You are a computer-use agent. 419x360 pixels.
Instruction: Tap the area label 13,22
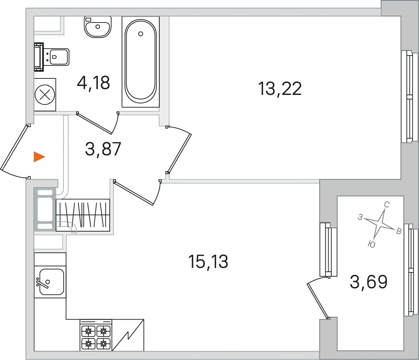280,89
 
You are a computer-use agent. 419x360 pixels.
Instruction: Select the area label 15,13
208,262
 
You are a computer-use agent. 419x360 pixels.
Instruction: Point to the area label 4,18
93,83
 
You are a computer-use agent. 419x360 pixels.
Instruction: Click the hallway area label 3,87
103,149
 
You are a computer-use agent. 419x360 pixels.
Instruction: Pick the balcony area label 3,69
368,282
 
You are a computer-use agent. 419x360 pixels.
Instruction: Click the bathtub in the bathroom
141,62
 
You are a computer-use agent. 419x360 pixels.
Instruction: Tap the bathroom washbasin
97,27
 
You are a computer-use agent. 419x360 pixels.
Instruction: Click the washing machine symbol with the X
45,95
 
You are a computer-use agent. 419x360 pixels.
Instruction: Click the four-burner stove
96,335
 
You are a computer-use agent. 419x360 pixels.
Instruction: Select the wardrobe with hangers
83,215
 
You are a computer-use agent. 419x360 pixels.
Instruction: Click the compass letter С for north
387,205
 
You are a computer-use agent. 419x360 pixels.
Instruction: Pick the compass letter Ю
372,244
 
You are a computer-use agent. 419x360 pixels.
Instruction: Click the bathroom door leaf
94,123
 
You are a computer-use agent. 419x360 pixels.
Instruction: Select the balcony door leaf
317,301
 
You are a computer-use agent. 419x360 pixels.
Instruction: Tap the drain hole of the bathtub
141,34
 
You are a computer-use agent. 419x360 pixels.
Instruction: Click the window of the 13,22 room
410,96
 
